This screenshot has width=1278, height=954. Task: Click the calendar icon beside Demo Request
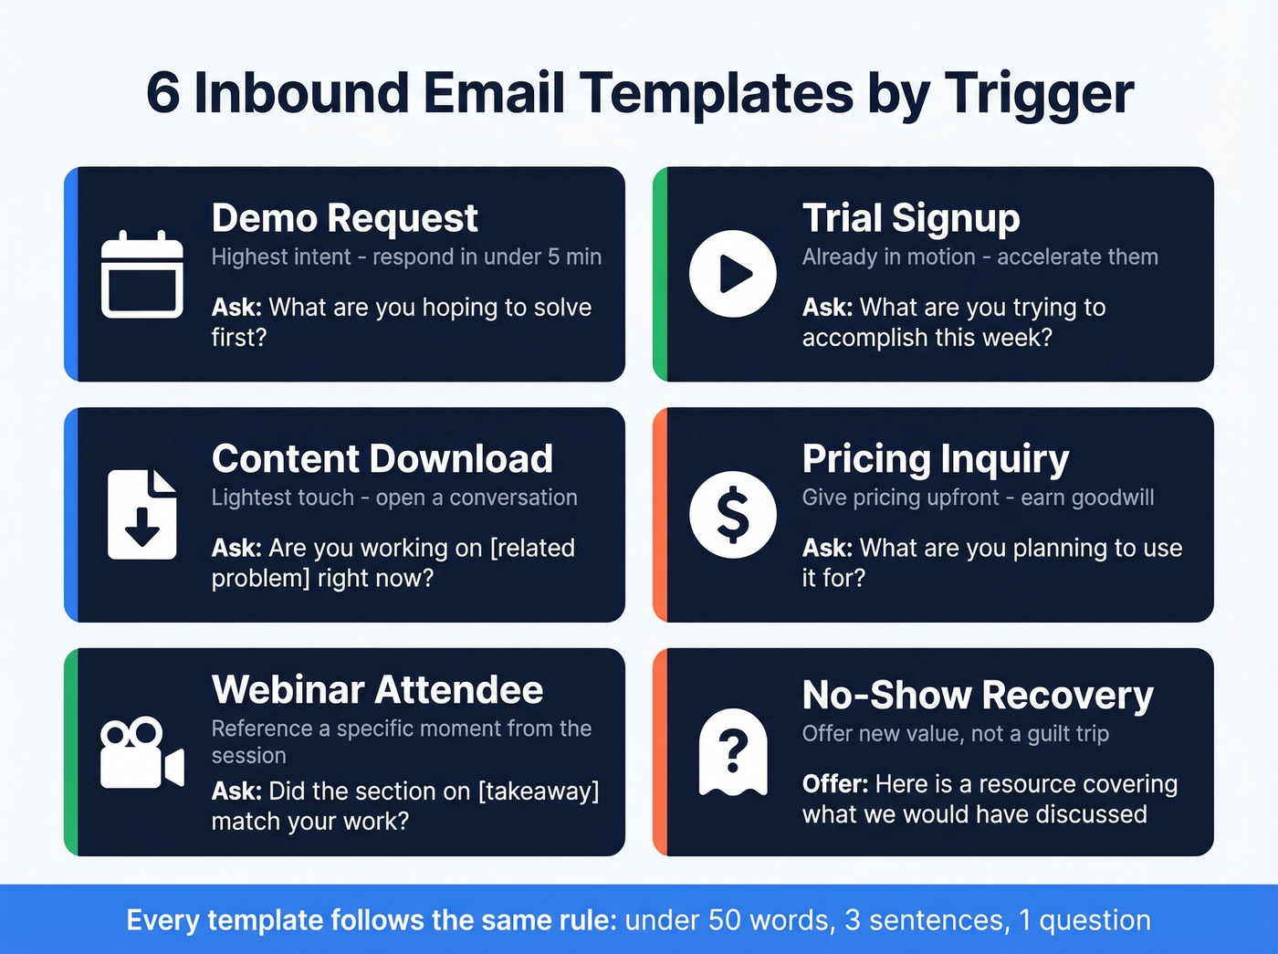point(141,275)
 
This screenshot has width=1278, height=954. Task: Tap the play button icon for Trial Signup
point(732,274)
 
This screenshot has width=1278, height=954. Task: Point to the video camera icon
point(141,753)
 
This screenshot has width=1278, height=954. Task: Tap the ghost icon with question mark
point(732,752)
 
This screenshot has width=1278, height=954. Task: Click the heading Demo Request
point(344,218)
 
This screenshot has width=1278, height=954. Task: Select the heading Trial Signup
point(910,218)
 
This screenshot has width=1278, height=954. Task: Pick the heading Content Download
point(382,458)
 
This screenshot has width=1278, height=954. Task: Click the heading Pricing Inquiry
point(935,458)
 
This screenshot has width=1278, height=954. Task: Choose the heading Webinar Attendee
point(377,689)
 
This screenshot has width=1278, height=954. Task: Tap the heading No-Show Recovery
point(977,695)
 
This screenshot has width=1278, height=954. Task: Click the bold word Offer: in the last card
point(834,784)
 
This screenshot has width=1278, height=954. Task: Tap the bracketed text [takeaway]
point(539,792)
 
